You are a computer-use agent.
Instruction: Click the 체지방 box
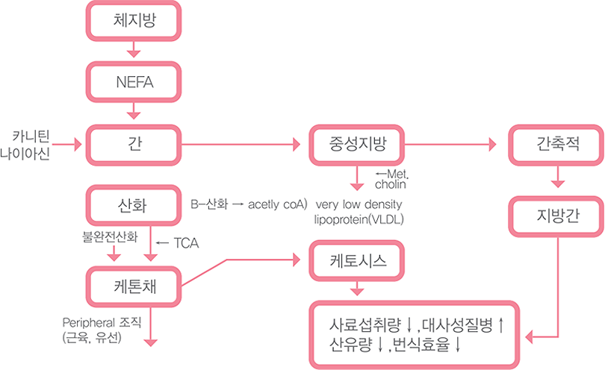point(134,22)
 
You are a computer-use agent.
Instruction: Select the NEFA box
point(134,82)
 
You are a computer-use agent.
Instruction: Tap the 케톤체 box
point(134,283)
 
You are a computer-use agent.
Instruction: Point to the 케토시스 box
point(357,260)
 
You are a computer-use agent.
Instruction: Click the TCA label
point(185,243)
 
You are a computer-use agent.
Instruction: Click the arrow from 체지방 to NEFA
point(134,49)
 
